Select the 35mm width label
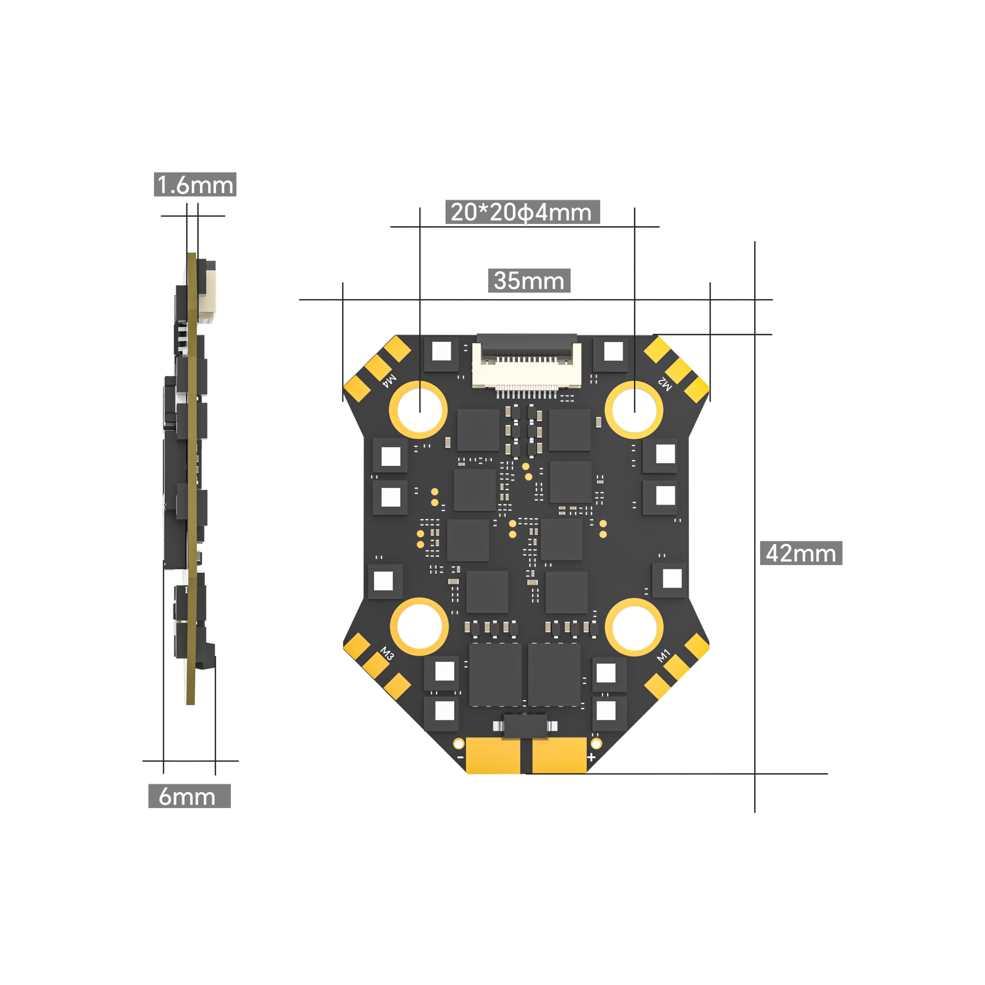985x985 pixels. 529,280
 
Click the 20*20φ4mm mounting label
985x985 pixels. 522,212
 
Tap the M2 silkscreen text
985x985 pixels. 665,383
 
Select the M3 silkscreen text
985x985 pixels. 387,654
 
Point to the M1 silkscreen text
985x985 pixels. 663,656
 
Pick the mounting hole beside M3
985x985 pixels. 419,626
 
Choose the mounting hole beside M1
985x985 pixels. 634,626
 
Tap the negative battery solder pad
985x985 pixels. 493,756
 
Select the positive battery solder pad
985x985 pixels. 559,756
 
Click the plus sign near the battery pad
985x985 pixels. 591,757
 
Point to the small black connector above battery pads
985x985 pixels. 525,725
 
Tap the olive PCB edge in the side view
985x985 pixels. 192,479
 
